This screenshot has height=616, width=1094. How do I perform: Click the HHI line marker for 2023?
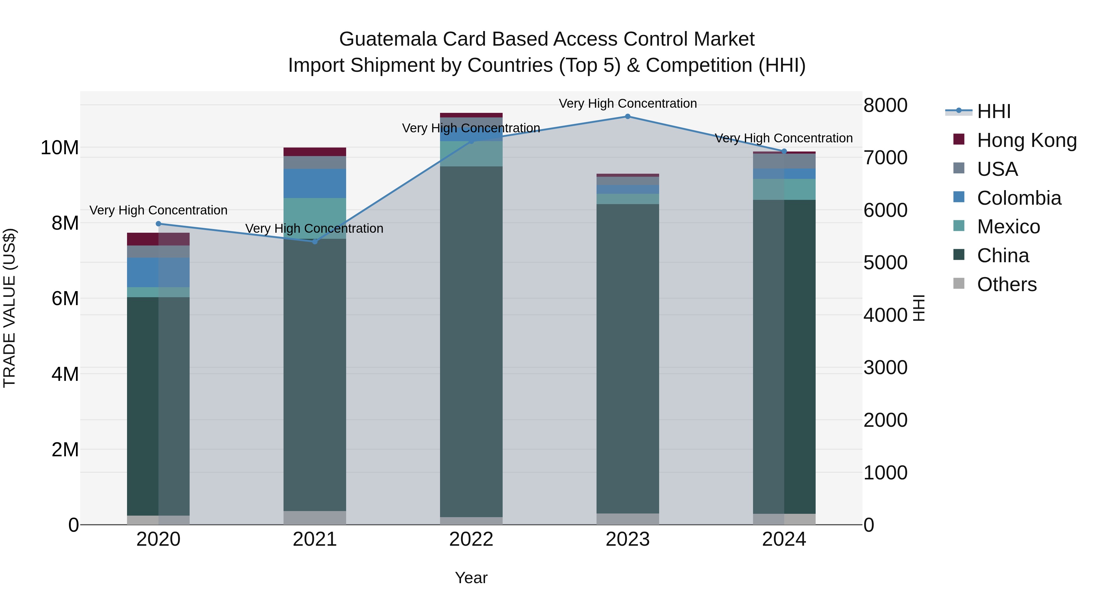627,117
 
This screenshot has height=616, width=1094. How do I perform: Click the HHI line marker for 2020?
158,224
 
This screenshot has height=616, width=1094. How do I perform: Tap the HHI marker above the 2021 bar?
315,242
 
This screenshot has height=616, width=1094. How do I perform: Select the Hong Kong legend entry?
1027,140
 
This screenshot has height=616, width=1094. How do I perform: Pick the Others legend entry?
1006,284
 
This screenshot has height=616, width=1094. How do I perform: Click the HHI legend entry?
993,111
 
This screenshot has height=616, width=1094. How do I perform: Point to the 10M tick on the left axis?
60,148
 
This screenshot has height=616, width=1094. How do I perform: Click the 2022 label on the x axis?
471,539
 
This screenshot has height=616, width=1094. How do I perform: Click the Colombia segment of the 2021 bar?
315,183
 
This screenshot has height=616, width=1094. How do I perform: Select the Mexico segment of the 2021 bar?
315,218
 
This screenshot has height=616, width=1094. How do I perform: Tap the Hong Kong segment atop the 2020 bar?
158,239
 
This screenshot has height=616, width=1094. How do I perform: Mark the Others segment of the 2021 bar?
315,517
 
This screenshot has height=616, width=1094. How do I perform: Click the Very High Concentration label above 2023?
627,103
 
